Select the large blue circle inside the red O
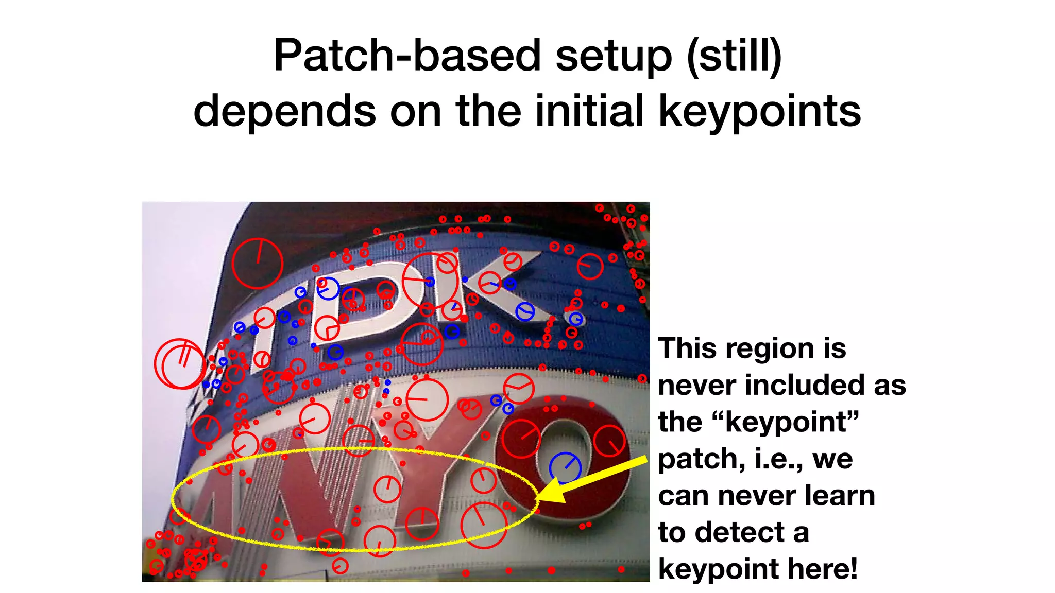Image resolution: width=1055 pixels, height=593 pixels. [x=565, y=467]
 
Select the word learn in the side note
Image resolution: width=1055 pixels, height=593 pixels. [x=840, y=496]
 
